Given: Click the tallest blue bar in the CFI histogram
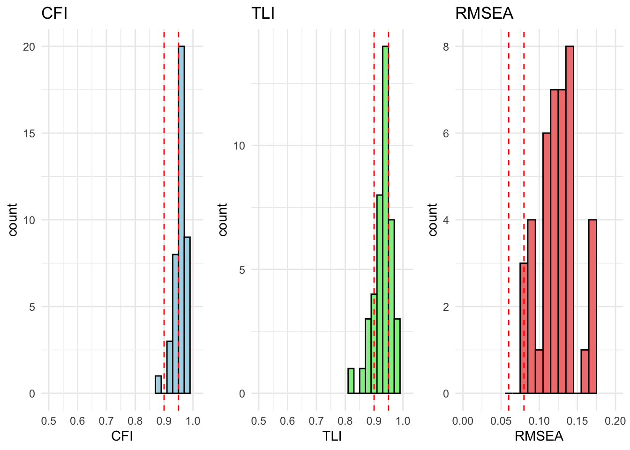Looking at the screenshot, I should [x=181, y=220].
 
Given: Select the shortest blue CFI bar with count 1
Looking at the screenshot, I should [x=158, y=385].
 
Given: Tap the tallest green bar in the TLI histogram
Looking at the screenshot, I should [x=385, y=220].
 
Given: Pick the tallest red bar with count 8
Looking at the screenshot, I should [x=570, y=220].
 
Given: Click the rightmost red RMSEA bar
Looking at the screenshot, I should [x=592, y=307].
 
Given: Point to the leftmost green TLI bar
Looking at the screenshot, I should [x=351, y=381].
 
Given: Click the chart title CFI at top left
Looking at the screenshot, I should [x=54, y=13].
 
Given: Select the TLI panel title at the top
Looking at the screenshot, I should [x=263, y=13].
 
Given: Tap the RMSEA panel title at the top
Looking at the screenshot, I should [x=484, y=13].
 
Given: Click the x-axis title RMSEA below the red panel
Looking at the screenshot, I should [x=539, y=436].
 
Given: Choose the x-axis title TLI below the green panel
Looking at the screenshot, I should [x=332, y=436].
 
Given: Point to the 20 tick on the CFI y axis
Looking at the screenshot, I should [x=30, y=47].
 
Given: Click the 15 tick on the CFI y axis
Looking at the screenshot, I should [x=30, y=134].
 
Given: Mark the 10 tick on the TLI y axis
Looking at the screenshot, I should [x=239, y=146].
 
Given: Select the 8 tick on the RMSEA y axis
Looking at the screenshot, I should [x=446, y=47].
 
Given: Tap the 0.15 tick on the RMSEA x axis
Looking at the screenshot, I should [x=577, y=421].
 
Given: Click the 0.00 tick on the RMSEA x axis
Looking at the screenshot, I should [x=463, y=421].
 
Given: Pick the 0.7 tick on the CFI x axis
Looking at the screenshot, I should [x=106, y=421].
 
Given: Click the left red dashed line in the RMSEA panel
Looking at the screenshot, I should [x=509, y=211].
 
